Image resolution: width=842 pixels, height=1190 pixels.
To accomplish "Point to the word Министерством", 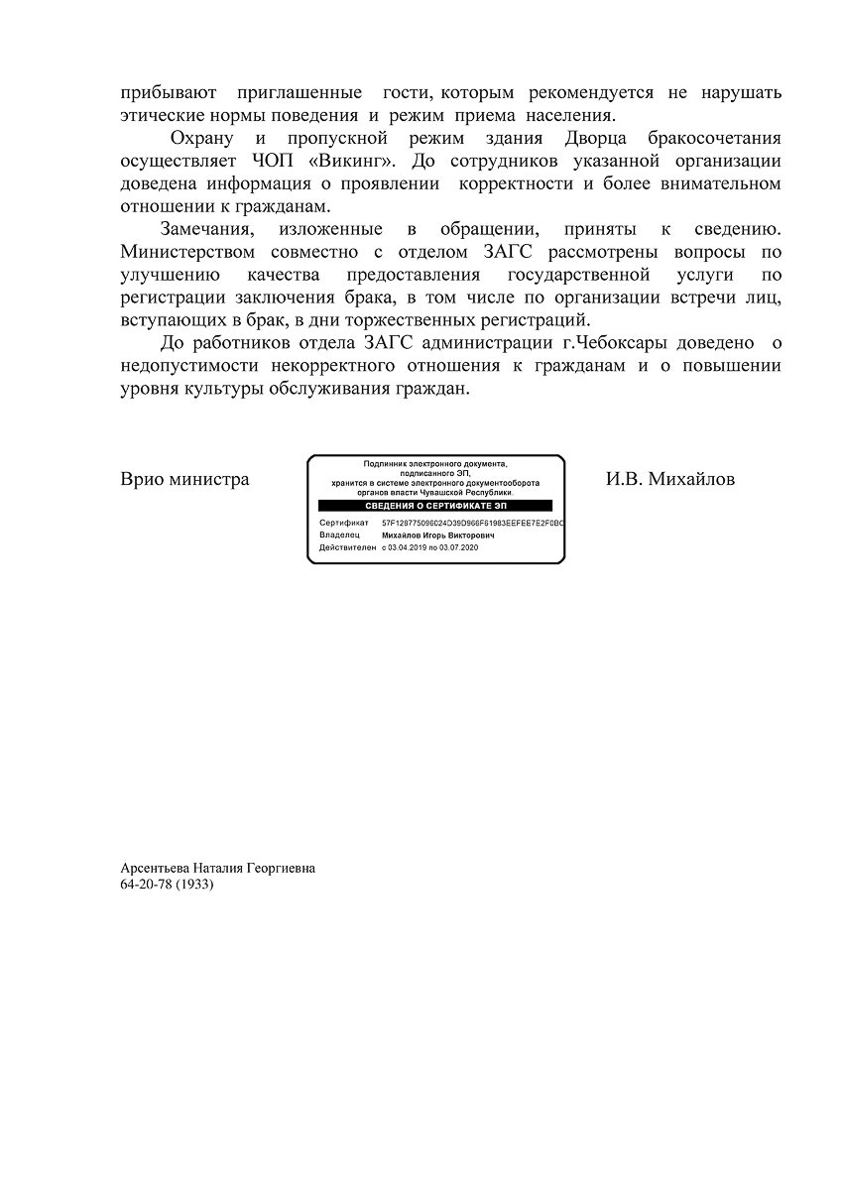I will click(x=187, y=251).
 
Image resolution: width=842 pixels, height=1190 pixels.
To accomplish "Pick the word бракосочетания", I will click(x=708, y=137).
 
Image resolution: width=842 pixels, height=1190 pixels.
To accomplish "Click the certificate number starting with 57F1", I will click(x=473, y=522).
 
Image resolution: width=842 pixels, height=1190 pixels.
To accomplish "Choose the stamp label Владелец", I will click(x=339, y=535).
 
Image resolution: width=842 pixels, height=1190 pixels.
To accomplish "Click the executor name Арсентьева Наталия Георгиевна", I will click(x=218, y=867).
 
